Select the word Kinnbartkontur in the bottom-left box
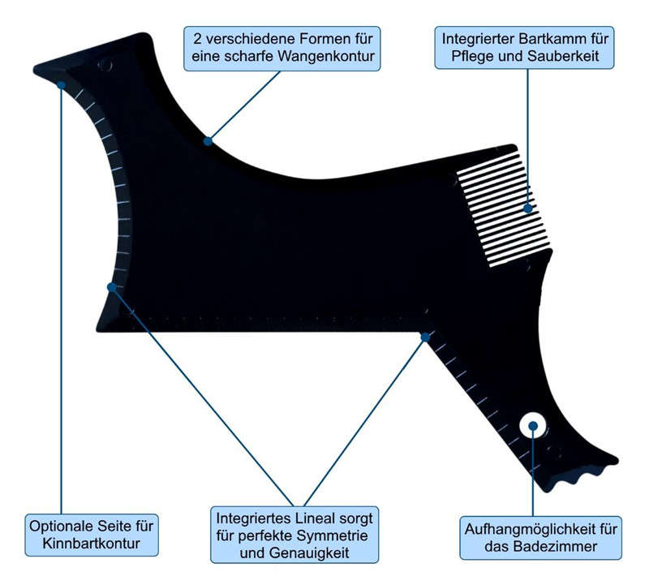tap(91, 544)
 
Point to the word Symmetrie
tap(332, 535)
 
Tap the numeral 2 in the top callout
tap(197, 39)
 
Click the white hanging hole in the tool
tap(533, 426)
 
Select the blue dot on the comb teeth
tap(528, 208)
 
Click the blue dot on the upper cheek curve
tap(208, 141)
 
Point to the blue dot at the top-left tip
tap(62, 85)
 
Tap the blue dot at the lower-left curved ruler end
tap(111, 286)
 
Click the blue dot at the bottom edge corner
tap(425, 337)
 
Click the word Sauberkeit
tap(565, 56)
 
